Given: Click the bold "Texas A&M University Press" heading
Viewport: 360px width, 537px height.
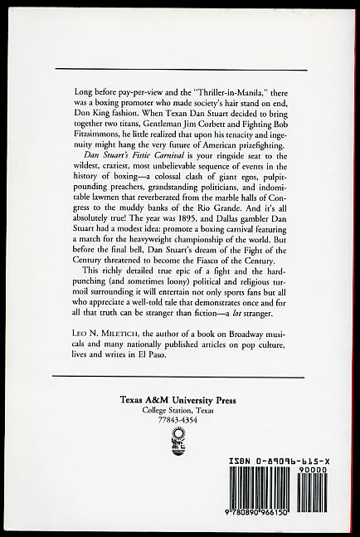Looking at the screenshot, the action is coord(180,422).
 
